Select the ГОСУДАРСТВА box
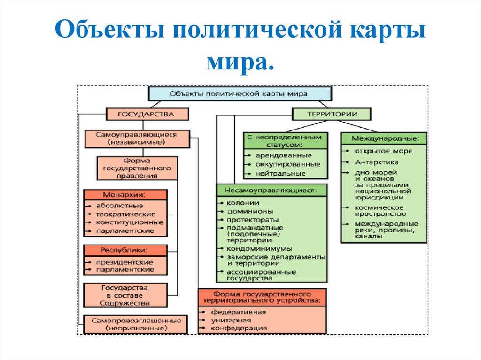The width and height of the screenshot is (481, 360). pyautogui.click(x=147, y=114)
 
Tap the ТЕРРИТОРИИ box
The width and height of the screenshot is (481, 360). pyautogui.click(x=332, y=114)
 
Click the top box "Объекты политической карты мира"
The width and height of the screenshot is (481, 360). pyautogui.click(x=240, y=94)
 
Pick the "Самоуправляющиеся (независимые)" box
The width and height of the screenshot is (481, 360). pyautogui.click(x=137, y=138)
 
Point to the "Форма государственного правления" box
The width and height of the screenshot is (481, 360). pyautogui.click(x=137, y=168)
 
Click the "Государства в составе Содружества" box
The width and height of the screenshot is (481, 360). pyautogui.click(x=125, y=295)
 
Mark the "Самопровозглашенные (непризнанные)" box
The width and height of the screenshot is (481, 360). pyautogui.click(x=136, y=324)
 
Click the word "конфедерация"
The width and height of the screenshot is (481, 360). pyautogui.click(x=239, y=328)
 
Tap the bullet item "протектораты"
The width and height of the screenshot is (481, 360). pyautogui.click(x=253, y=220)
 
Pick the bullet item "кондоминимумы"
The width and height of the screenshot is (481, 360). pyautogui.click(x=259, y=248)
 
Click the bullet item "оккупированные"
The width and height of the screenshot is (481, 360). pyautogui.click(x=281, y=164)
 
